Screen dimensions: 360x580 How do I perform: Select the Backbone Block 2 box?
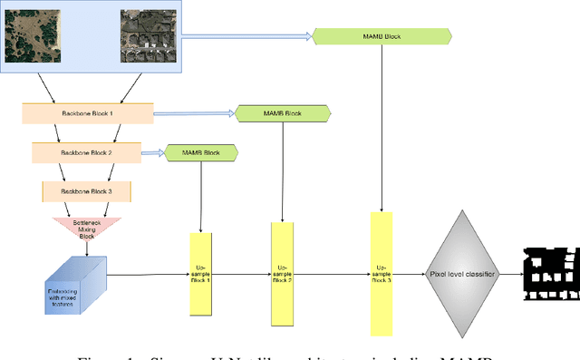pos(86,153)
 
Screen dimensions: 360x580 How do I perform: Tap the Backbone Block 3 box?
pos(87,191)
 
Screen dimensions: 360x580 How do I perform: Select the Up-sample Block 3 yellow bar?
pos(382,273)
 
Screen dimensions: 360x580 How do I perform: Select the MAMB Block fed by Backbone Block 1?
pos(283,114)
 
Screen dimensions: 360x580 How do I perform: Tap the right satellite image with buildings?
pos(150,36)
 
